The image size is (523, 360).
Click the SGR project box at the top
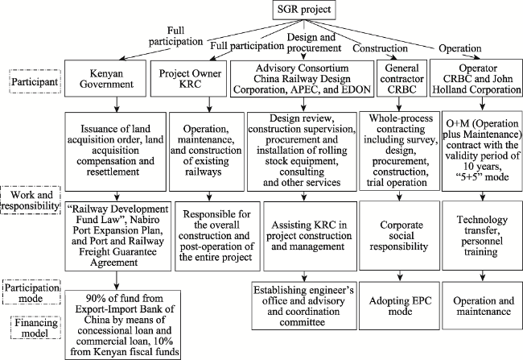[304, 10]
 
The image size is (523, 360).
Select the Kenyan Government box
[105, 78]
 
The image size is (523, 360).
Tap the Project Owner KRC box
[189, 78]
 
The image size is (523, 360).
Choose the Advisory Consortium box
[303, 79]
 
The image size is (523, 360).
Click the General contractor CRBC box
[402, 78]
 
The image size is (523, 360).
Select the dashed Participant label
[35, 81]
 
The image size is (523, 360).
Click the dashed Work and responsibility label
[31, 200]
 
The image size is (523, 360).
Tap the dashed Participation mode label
[31, 292]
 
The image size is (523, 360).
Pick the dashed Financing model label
[35, 327]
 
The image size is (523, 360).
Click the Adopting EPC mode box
[400, 306]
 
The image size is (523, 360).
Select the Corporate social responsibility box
[400, 236]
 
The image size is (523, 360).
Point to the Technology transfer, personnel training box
[482, 236]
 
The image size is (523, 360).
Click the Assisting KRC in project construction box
[311, 236]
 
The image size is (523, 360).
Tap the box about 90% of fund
[123, 325]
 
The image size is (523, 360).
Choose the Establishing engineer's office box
[304, 306]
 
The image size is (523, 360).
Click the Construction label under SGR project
[381, 48]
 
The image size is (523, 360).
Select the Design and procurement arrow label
[313, 43]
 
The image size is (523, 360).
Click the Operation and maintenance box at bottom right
[482, 306]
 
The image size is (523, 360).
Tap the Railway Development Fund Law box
[118, 236]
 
